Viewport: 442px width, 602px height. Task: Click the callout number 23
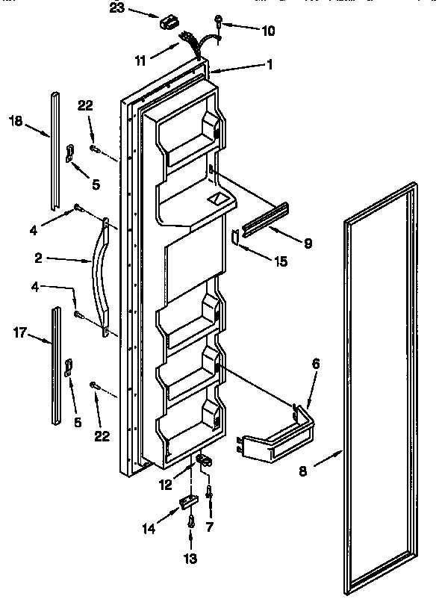(x=117, y=9)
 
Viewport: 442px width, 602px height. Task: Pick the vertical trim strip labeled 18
(x=55, y=149)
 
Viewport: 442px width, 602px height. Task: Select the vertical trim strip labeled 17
(x=56, y=366)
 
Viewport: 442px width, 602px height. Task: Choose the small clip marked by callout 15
(x=235, y=237)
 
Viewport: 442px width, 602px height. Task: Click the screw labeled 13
(x=191, y=522)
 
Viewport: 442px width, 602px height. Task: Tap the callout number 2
(x=38, y=259)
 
